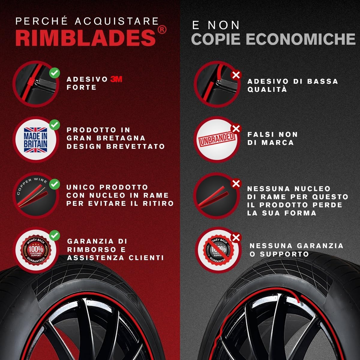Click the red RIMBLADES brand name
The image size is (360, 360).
tap(85, 38)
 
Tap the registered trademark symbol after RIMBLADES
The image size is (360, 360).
tap(162, 30)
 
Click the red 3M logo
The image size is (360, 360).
tap(116, 79)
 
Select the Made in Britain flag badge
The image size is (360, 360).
tap(35, 140)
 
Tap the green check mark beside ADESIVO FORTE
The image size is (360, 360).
tap(55, 73)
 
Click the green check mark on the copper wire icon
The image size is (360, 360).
tap(55, 184)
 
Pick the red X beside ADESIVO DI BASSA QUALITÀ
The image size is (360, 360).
tap(236, 75)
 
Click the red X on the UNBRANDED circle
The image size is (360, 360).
tap(236, 129)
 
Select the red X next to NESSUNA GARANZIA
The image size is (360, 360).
tap(236, 238)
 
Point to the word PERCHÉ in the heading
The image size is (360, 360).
tap(41, 21)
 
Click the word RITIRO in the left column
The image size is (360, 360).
tap(158, 203)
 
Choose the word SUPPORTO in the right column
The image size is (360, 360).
tap(284, 254)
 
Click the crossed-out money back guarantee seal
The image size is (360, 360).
tap(218, 250)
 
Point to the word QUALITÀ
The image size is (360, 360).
tap(267, 89)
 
